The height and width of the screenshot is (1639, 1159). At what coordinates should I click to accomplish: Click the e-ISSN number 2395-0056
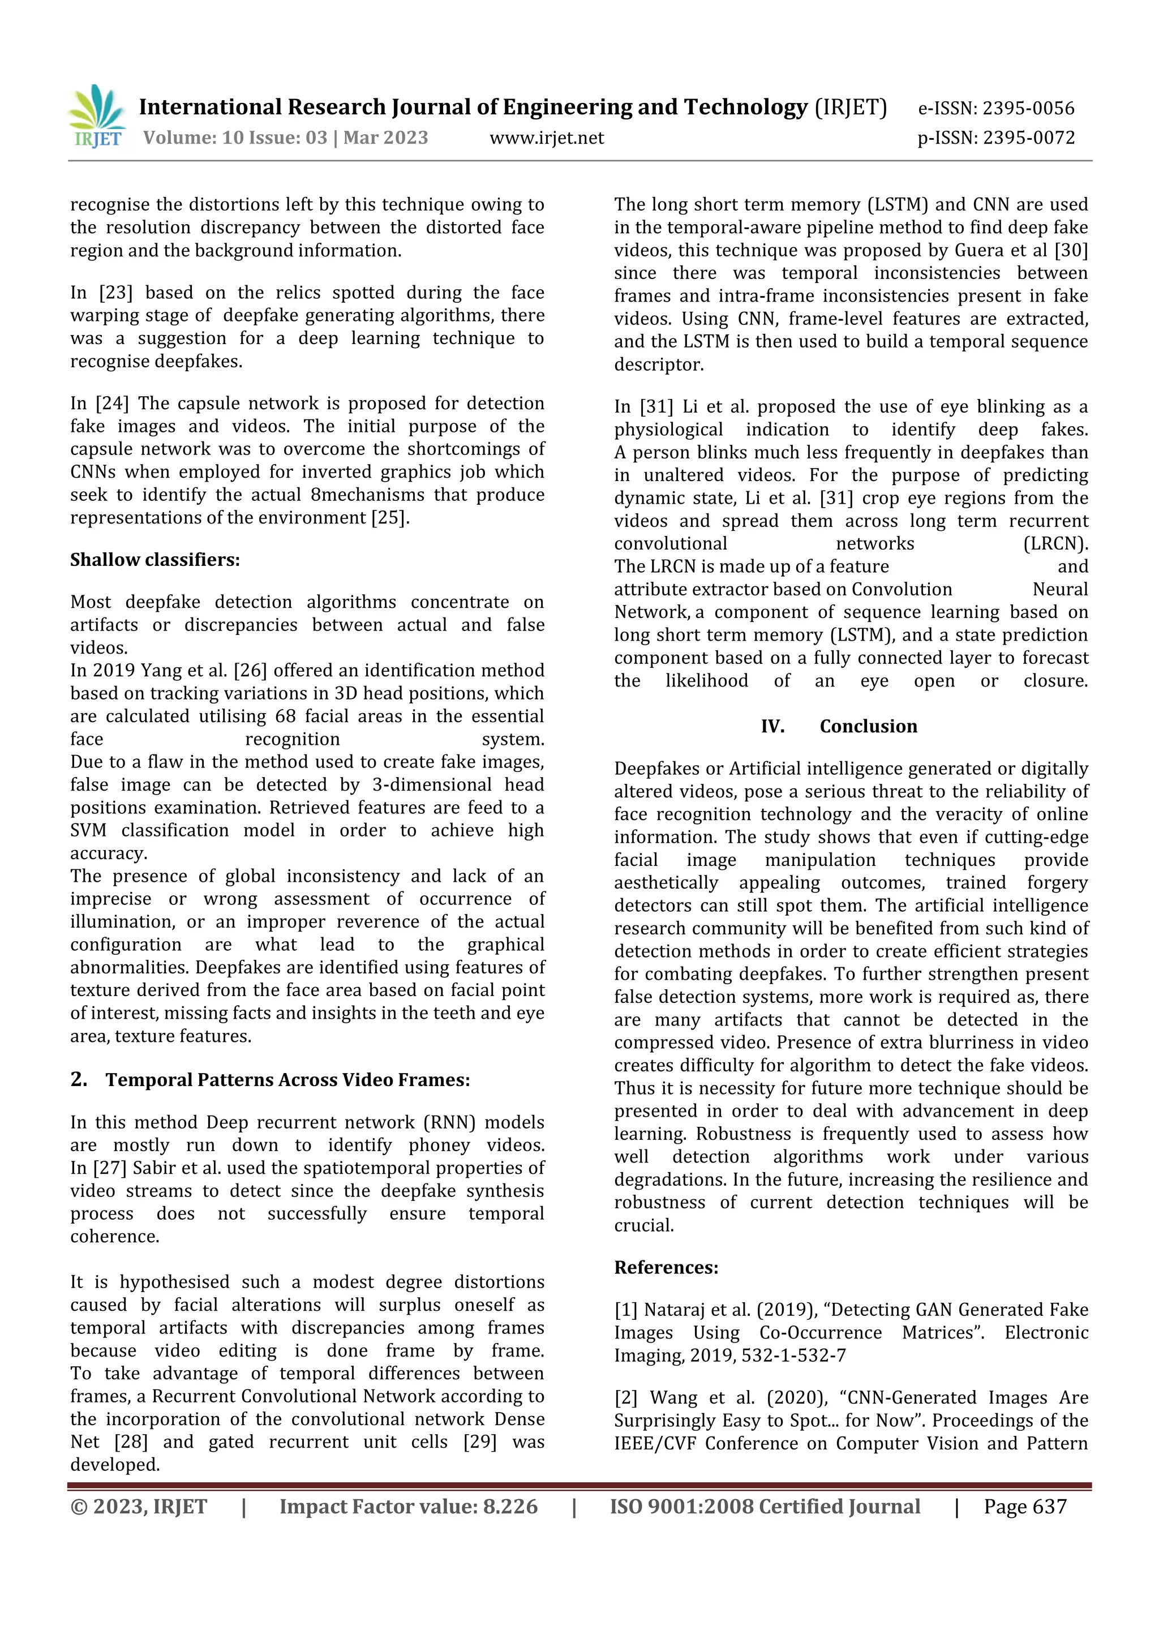[1028, 109]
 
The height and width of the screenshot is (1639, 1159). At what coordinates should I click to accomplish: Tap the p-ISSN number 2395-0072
[1028, 138]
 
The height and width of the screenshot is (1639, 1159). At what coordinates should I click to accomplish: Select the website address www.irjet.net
[547, 138]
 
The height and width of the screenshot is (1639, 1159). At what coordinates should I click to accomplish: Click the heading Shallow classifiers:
[155, 560]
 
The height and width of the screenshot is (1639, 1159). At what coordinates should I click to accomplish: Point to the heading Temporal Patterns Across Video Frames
[287, 1080]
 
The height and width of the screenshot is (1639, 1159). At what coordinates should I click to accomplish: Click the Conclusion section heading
[868, 727]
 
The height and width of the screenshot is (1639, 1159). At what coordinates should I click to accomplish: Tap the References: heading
[666, 1268]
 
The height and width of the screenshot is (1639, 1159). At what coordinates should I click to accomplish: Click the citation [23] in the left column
[115, 293]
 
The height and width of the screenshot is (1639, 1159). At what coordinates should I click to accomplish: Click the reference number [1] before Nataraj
[626, 1310]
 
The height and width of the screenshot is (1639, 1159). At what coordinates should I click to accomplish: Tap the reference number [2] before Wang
[626, 1398]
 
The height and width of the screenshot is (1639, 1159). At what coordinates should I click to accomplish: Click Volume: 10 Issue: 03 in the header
[235, 138]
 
